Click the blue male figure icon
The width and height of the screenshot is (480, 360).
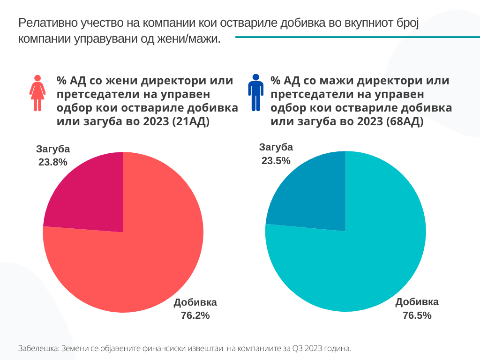(x=255, y=92)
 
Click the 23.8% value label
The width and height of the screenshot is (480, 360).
(x=53, y=162)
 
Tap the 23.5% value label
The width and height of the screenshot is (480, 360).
(x=276, y=161)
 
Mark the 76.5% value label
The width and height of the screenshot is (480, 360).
(x=417, y=315)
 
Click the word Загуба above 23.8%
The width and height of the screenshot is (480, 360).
(x=53, y=149)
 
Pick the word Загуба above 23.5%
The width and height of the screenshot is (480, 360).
(x=276, y=147)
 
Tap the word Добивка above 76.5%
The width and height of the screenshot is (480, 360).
(x=417, y=302)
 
